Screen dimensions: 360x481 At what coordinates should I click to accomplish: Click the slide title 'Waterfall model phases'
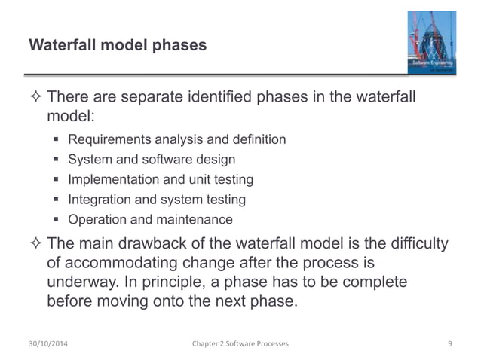tap(117, 45)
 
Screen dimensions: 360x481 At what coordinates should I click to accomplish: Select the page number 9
tap(449, 343)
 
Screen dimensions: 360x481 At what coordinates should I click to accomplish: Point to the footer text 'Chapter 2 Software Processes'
tap(240, 343)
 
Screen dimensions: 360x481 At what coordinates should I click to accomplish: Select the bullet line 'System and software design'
tap(152, 160)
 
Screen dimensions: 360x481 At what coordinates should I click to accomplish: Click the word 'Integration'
tap(97, 200)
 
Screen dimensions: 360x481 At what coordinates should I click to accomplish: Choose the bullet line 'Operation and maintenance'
tap(150, 220)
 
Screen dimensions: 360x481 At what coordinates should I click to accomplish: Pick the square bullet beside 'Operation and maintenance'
tap(57, 220)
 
